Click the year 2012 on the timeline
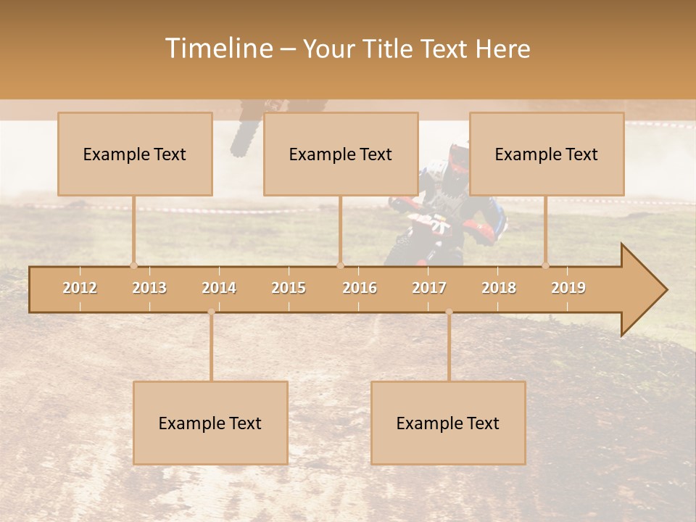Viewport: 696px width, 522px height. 80,288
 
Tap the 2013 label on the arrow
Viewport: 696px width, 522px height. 149,288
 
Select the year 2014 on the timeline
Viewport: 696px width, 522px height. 219,288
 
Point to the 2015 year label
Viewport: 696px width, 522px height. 289,288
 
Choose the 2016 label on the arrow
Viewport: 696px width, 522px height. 360,288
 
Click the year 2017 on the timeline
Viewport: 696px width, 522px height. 429,288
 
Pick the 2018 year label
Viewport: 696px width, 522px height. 499,288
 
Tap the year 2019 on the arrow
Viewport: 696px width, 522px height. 568,288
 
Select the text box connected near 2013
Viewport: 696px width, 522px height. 135,154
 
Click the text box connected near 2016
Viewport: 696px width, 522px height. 341,154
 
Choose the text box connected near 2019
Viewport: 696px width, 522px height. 547,154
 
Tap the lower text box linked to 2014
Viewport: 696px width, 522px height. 210,423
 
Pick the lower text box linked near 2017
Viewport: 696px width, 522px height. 448,423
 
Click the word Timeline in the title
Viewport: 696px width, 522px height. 217,49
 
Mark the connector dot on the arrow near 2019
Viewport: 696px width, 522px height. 546,265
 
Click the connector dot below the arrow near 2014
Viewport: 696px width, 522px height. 211,312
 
